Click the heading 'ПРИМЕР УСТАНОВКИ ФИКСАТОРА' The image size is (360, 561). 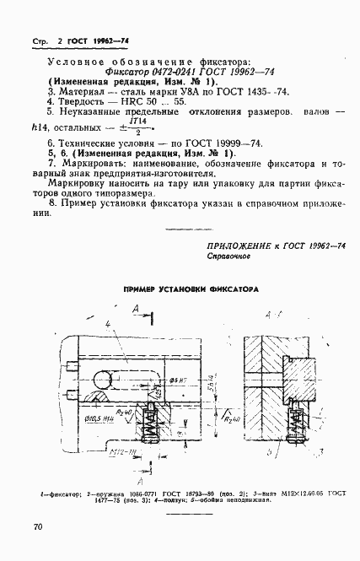[190, 289]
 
